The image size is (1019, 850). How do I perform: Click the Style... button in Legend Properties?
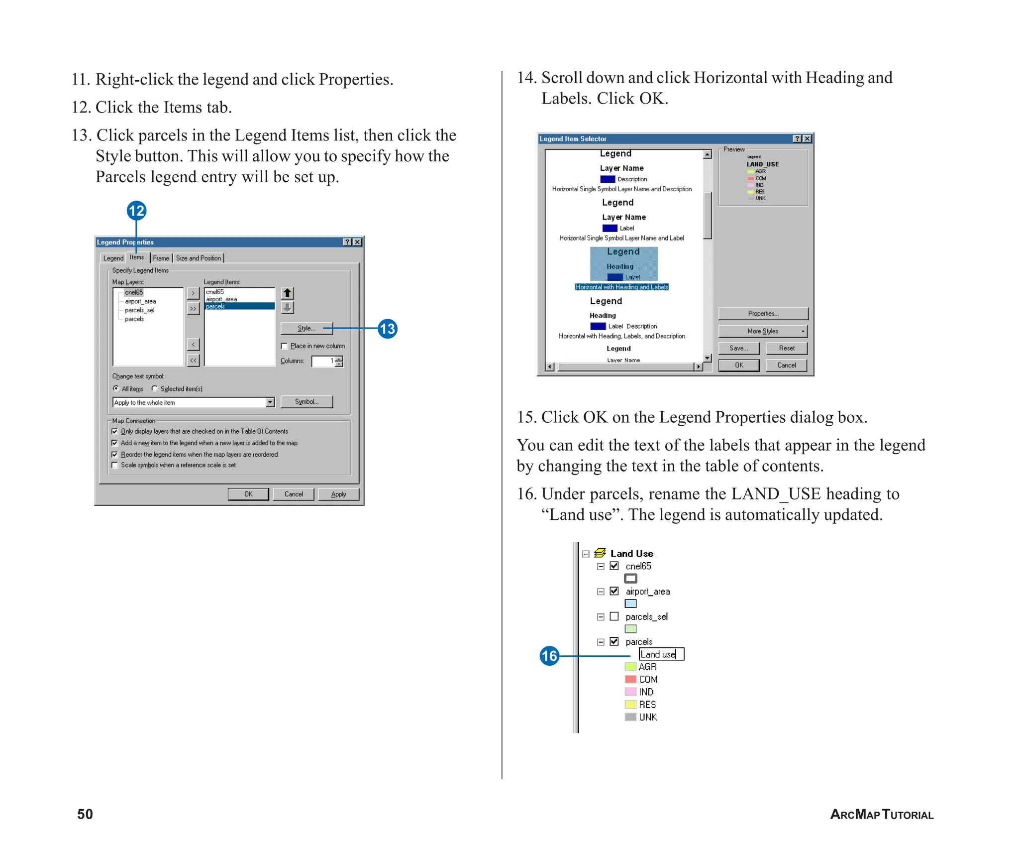point(306,328)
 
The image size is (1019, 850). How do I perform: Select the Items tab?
point(137,257)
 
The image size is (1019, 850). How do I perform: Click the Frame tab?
point(161,258)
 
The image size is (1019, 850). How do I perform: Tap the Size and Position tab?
point(198,258)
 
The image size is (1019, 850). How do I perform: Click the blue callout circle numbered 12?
point(136,211)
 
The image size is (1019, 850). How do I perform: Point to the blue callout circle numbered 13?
point(387,329)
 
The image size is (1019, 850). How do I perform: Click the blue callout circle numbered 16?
point(549,656)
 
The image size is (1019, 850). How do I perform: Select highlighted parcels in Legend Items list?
point(239,306)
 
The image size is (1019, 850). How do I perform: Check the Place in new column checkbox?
point(285,346)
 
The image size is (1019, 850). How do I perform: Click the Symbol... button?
point(306,402)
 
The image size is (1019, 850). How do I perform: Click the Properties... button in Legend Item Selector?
point(763,313)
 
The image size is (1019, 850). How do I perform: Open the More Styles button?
point(763,331)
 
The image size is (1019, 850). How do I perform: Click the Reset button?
point(787,348)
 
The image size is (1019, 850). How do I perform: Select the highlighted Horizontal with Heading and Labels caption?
point(622,287)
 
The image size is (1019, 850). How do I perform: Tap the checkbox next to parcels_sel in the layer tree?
point(614,616)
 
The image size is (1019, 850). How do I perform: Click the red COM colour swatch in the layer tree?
point(630,679)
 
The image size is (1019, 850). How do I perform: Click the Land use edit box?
point(661,654)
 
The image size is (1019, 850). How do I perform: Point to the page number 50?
point(85,814)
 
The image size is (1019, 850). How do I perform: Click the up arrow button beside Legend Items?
point(288,293)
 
